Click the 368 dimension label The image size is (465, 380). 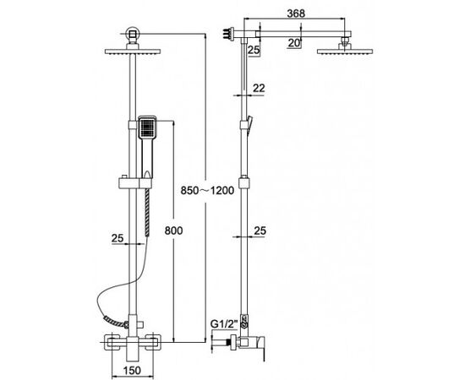296,14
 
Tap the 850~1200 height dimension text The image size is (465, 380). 207,191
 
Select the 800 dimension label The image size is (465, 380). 174,231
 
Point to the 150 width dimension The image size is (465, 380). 132,370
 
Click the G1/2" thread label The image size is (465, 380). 224,324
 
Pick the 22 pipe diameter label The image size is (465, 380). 259,88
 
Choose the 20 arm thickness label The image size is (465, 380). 294,43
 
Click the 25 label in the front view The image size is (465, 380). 118,238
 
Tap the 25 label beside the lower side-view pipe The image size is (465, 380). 260,231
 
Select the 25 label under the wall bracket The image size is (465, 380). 254,51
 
